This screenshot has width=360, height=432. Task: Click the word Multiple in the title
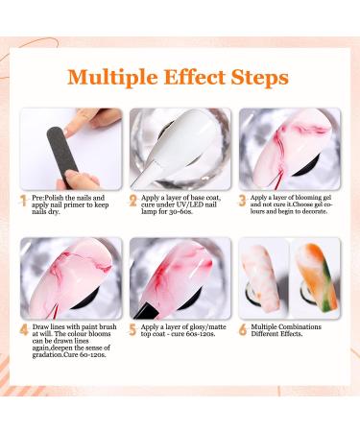112,78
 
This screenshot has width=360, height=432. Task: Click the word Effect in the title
195,77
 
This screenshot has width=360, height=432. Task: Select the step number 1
23,202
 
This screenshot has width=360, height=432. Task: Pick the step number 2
133,201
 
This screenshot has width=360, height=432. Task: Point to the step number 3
243,201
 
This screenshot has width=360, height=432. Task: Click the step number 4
24,330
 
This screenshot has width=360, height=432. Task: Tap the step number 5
132,330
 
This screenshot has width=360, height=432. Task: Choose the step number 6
243,330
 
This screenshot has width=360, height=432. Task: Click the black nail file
62,154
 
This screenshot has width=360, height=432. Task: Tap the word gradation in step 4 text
48,355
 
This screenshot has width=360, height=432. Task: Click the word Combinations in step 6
300,326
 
